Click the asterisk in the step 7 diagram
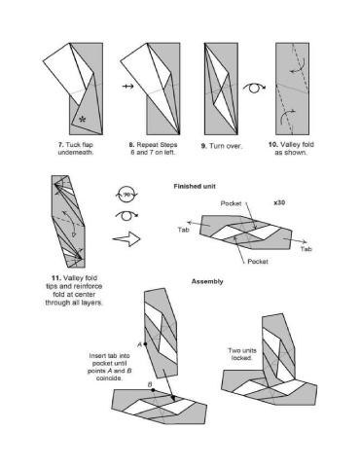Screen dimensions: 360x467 [83, 120]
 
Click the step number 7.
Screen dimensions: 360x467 [60, 145]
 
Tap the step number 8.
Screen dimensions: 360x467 [131, 145]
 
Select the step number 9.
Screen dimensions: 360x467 [203, 146]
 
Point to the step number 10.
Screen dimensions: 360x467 [272, 145]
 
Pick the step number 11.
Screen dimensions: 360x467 [56, 278]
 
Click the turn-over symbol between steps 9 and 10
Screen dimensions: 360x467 [254, 88]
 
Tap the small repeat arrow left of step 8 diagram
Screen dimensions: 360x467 [128, 87]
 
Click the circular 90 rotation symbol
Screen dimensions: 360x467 [126, 195]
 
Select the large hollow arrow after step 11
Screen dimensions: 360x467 [126, 239]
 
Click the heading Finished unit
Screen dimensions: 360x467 [195, 187]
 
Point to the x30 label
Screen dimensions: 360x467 [279, 202]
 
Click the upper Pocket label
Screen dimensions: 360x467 [231, 203]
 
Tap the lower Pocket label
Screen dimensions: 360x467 [258, 261]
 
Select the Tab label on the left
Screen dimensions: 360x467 [183, 230]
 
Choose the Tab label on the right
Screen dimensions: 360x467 [306, 249]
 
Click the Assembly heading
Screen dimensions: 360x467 [207, 281]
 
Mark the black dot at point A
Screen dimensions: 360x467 [145, 343]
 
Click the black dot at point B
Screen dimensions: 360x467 [153, 390]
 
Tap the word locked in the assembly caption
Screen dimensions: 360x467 [242, 358]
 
